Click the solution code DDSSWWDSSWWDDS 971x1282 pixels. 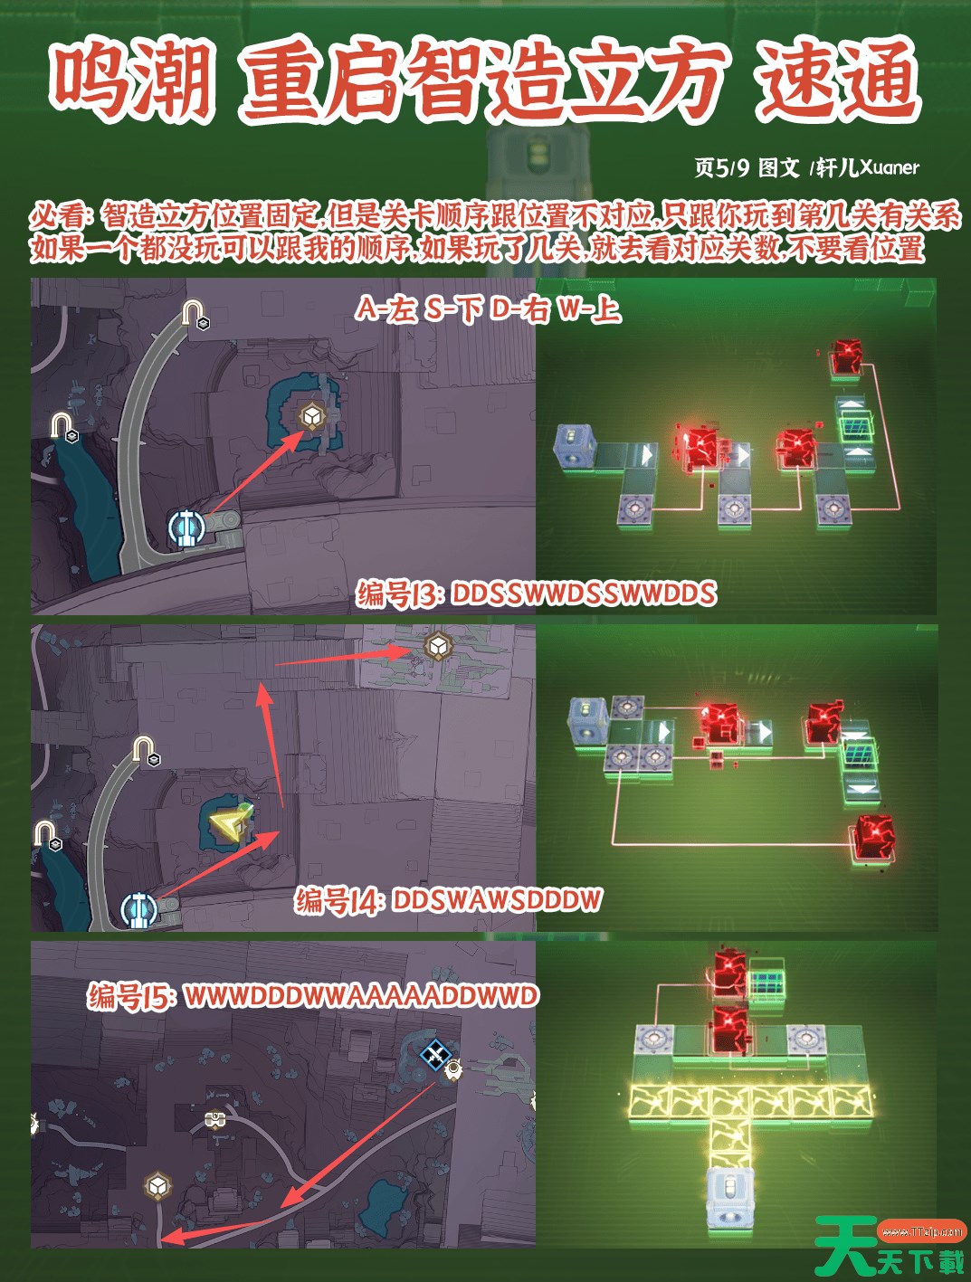point(584,594)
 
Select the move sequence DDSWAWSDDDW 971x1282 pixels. point(497,900)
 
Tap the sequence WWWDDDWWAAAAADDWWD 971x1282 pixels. point(361,995)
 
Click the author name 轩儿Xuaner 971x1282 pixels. point(868,168)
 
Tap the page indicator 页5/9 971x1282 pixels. point(721,168)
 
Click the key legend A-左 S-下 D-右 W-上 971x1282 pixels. point(489,309)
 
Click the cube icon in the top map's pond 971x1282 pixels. point(310,417)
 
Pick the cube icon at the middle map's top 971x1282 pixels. point(437,646)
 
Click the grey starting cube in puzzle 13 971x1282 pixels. point(575,445)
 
